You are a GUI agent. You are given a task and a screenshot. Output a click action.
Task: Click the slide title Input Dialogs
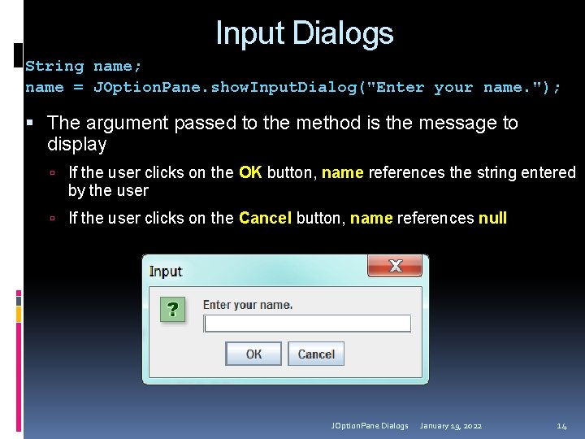click(304, 33)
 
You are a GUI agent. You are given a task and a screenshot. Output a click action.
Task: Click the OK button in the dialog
click(253, 354)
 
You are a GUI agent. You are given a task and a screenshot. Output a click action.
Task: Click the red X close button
click(396, 265)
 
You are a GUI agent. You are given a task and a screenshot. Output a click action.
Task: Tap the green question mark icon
click(172, 309)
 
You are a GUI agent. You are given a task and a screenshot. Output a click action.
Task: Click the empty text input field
click(307, 324)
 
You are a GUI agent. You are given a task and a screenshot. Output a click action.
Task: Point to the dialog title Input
click(166, 272)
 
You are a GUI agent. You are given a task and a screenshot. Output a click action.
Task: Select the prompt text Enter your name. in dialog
click(247, 305)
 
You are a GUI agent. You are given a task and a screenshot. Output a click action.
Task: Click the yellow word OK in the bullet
click(250, 172)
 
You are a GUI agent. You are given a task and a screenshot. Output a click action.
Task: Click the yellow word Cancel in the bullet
click(265, 218)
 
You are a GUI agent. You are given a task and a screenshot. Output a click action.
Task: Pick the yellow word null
click(492, 218)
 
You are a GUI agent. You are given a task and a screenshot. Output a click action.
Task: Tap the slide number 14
click(561, 426)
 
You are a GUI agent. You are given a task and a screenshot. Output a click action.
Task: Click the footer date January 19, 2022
click(450, 426)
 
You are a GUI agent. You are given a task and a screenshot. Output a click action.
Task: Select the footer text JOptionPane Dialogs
click(370, 426)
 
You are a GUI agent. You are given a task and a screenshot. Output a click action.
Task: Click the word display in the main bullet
click(77, 145)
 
